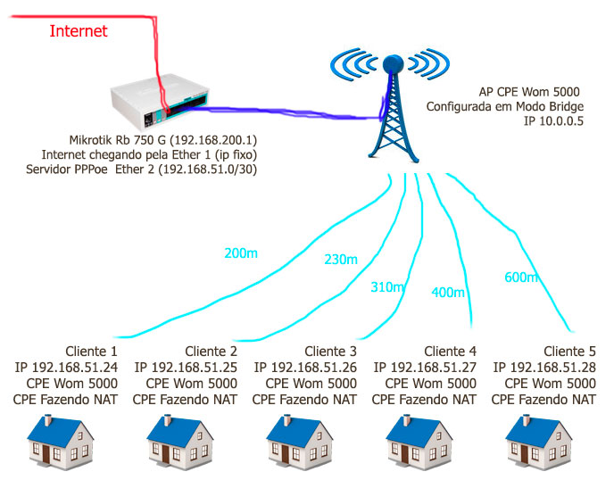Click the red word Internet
[x=79, y=31]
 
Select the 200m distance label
[x=241, y=253]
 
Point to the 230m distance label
[x=340, y=260]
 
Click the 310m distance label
[x=387, y=286]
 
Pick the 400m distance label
[x=448, y=292]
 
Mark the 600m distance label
[x=520, y=277]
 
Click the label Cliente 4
[x=451, y=351]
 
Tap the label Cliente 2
[x=211, y=351]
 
